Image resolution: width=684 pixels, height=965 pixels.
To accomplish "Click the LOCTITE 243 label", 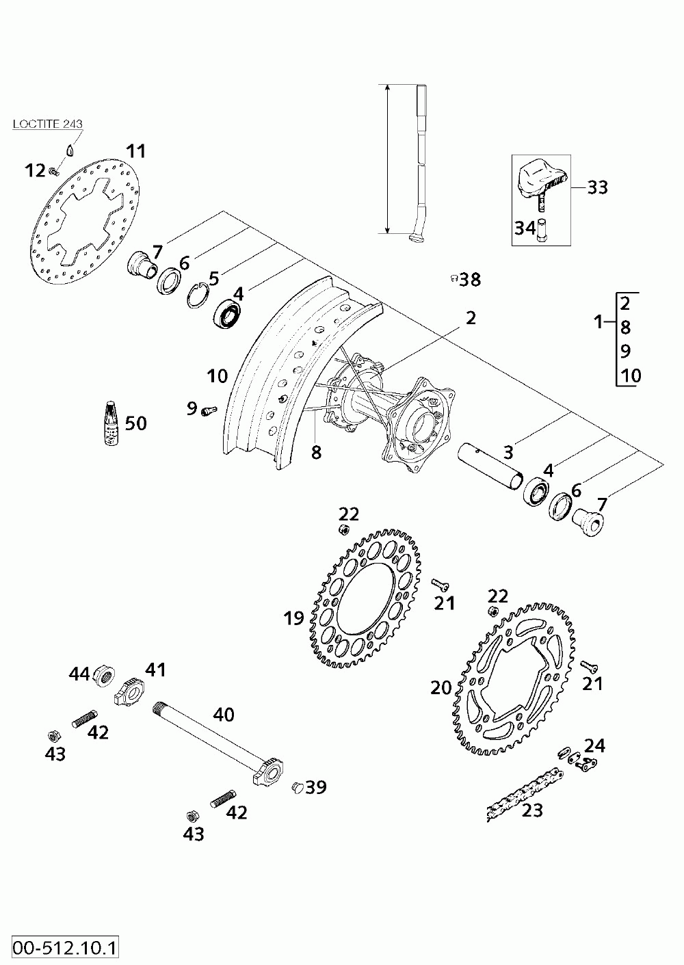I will (48, 124).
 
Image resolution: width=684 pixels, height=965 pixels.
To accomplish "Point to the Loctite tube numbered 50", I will (111, 423).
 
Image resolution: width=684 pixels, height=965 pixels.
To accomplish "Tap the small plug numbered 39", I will (298, 787).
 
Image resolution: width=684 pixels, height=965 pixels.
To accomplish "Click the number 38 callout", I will (470, 279).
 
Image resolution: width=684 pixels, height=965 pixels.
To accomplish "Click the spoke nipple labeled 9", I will (208, 410).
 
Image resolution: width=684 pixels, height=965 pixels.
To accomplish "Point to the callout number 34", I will (525, 228).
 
